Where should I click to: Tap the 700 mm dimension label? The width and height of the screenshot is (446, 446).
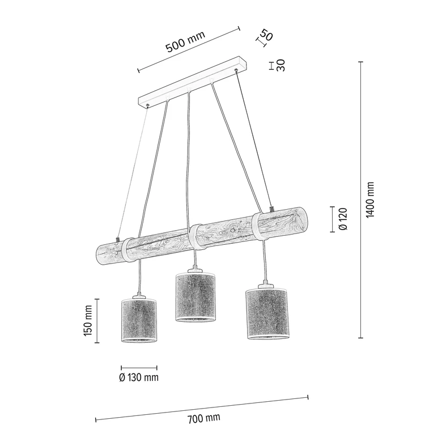203,419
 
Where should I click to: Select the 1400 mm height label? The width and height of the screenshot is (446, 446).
370,200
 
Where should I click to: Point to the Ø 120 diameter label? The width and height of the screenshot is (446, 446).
342,219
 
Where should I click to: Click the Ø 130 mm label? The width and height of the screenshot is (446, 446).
139,377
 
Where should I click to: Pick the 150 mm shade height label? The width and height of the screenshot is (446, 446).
88,321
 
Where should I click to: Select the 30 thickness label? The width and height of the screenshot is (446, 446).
281,66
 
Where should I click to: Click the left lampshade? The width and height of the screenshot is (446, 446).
139,320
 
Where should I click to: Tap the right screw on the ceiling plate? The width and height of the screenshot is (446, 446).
236,70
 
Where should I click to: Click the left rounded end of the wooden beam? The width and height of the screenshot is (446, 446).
101,254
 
